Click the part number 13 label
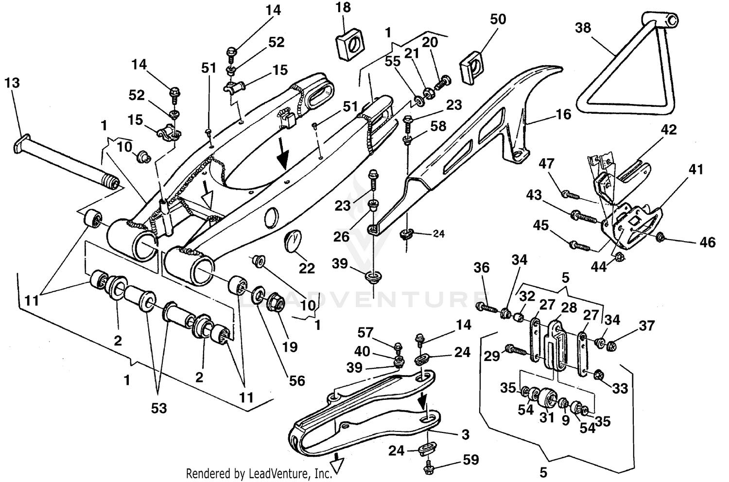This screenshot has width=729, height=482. [12, 83]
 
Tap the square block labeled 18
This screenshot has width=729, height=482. [349, 43]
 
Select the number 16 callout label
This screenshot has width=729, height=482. [563, 115]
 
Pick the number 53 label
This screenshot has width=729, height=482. [158, 408]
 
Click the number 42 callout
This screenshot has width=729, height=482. [668, 130]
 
